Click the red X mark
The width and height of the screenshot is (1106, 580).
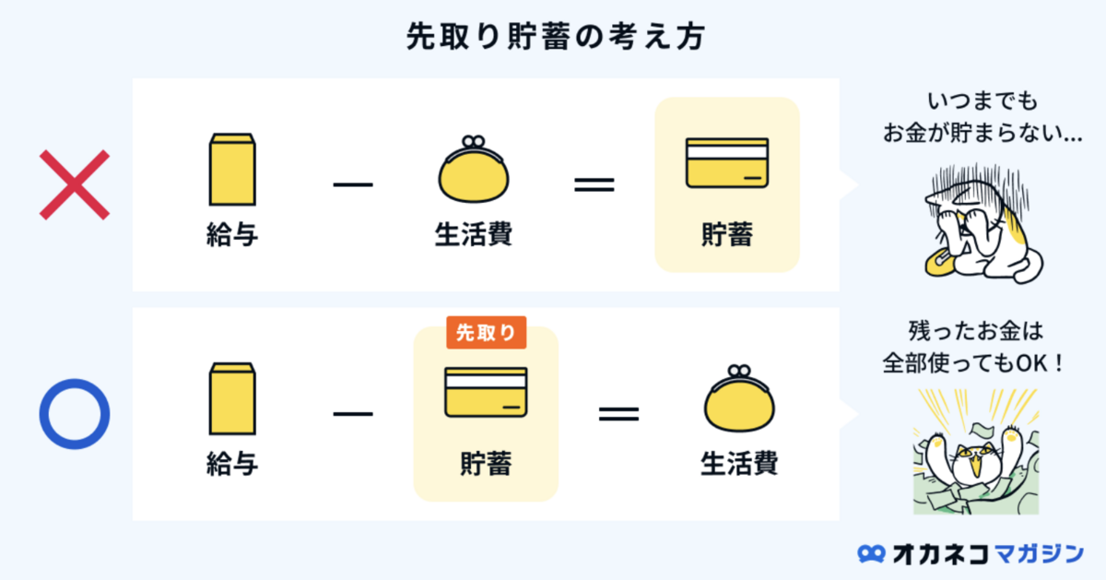pos(74,184)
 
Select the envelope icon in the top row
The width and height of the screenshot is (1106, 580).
pos(231,169)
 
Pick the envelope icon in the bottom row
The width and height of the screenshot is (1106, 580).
pos(231,398)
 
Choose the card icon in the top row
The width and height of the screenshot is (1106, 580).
pos(726,163)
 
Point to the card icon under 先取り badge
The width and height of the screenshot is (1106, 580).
pos(486,393)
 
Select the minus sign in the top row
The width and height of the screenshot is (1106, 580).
pos(353,183)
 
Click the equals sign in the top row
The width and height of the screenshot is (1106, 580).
pos(594,183)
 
